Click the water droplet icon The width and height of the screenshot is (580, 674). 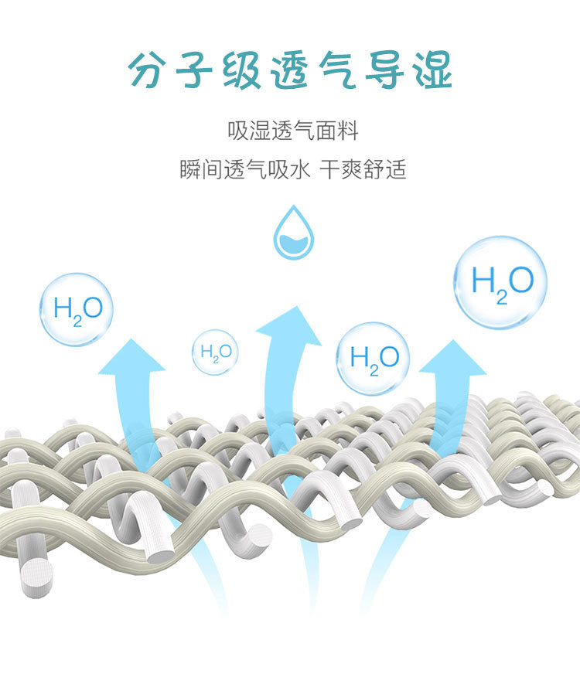pos(293,233)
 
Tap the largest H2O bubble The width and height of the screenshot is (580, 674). pos(500,282)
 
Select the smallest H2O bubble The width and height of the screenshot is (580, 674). pos(216,352)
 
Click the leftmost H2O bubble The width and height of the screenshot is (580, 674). pos(77,309)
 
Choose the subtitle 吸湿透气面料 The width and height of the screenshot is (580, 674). pos(293,131)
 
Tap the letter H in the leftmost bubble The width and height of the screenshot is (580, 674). pos(62,308)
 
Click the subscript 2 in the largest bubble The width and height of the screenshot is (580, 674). pos(502,297)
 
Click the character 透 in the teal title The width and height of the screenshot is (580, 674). pos(292,70)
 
